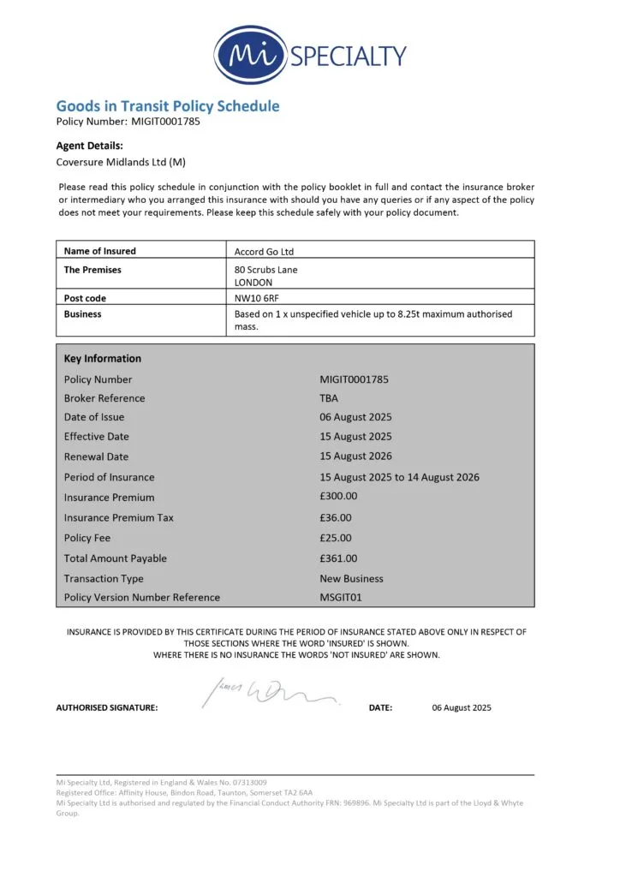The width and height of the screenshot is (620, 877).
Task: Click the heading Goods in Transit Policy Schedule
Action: click(x=168, y=106)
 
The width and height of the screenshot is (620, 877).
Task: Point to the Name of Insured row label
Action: click(x=100, y=251)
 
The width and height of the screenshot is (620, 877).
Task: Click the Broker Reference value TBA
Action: click(x=329, y=398)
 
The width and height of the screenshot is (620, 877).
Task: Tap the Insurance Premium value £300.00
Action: click(x=338, y=497)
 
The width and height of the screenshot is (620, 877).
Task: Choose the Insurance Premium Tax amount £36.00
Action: click(x=336, y=517)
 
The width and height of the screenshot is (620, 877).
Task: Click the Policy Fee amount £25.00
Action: click(x=336, y=538)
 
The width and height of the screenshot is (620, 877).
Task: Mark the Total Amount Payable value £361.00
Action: click(x=338, y=558)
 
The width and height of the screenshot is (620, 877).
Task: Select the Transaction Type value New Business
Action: click(x=351, y=579)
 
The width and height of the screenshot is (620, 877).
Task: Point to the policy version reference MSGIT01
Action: click(x=341, y=597)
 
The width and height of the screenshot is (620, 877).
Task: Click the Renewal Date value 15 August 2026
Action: click(x=356, y=456)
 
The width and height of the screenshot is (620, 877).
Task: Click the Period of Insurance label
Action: click(x=109, y=477)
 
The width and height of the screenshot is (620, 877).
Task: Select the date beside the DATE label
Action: click(x=462, y=707)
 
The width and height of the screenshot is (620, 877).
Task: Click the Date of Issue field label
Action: click(x=94, y=417)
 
